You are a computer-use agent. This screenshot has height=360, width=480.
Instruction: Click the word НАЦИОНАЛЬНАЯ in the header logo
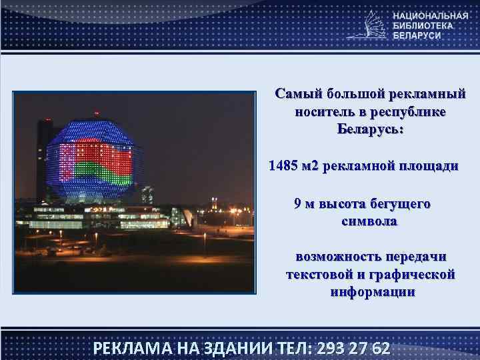(x=430, y=15)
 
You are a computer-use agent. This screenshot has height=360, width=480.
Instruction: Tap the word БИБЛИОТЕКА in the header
(x=423, y=25)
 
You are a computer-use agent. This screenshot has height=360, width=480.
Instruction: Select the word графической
(x=417, y=274)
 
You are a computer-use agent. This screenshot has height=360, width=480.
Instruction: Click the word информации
(x=372, y=292)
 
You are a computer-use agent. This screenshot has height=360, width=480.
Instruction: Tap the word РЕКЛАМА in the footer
(x=130, y=349)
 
